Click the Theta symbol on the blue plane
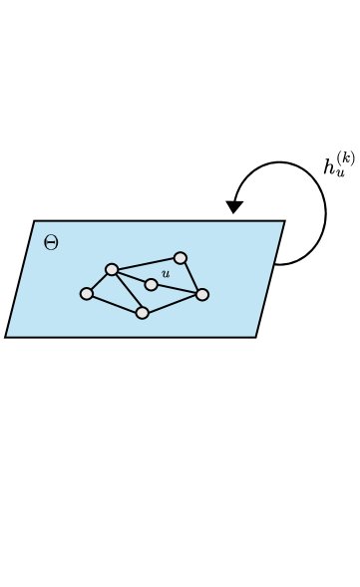pos(51,242)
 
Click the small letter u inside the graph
pos(166,273)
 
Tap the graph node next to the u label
pos(151,285)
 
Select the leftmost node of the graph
pos(87,294)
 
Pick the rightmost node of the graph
pos(202,294)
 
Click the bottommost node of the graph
pos(143,313)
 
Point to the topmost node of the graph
pos(180,258)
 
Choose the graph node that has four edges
pos(112,269)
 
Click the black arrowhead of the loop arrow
pos(234,207)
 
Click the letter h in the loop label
pos(331,167)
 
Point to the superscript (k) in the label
pos(345,157)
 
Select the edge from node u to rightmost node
pos(177,289)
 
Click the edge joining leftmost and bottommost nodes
pos(115,304)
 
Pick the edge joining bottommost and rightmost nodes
pos(173,304)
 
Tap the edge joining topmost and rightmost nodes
pos(191,276)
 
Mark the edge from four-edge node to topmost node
pos(146,264)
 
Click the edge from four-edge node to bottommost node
pos(127,291)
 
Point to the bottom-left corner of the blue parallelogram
pos(6,337)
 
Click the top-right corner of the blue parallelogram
pos(284,221)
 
